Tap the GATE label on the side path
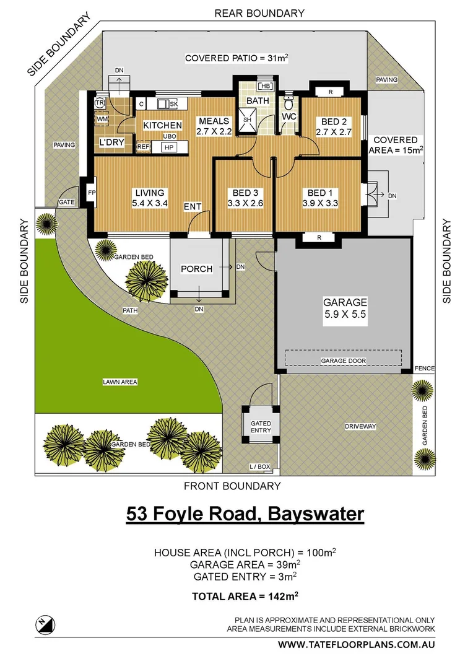pyautogui.click(x=66, y=203)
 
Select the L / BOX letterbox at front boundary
pyautogui.click(x=260, y=466)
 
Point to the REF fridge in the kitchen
pyautogui.click(x=143, y=147)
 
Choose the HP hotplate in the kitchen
pyautogui.click(x=167, y=147)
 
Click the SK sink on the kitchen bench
pyautogui.click(x=168, y=104)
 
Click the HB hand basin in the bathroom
pyautogui.click(x=266, y=85)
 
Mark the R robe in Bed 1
pyautogui.click(x=318, y=237)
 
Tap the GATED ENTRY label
pyautogui.click(x=261, y=427)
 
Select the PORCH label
pyautogui.click(x=196, y=269)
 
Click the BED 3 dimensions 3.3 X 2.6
pyautogui.click(x=245, y=203)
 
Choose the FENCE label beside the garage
pyautogui.click(x=425, y=369)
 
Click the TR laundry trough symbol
pyautogui.click(x=99, y=103)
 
